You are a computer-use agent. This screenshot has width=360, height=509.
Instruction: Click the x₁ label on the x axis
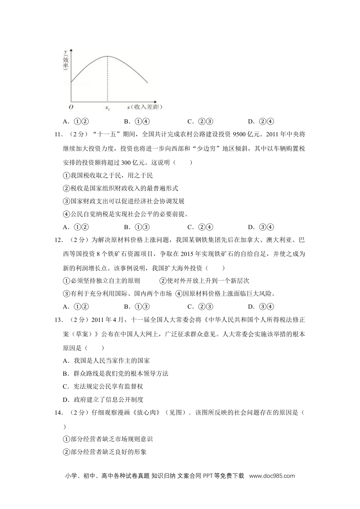[x=107, y=108]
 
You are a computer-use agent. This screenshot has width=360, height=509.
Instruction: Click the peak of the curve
[x=107, y=56]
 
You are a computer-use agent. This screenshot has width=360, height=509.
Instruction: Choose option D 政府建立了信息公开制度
[x=103, y=400]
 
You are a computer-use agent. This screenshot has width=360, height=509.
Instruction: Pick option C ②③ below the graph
[x=200, y=122]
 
